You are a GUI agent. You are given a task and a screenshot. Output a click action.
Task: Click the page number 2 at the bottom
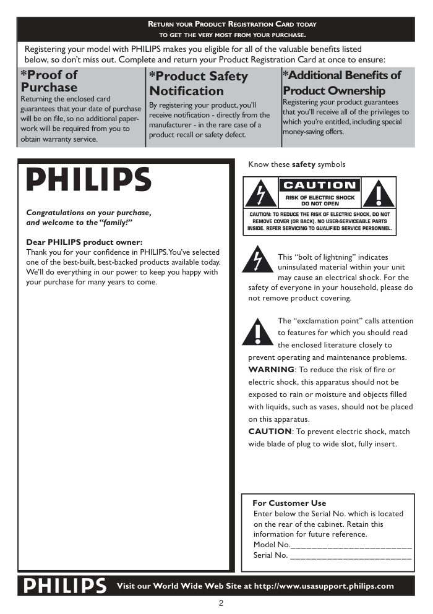click(x=220, y=603)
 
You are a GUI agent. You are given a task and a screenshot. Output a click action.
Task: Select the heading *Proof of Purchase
click(x=49, y=81)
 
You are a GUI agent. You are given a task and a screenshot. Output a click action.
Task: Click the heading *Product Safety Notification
click(x=198, y=83)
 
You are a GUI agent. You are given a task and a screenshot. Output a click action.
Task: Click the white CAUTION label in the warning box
click(x=320, y=185)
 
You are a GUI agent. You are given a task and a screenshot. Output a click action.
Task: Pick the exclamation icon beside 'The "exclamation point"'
click(x=258, y=331)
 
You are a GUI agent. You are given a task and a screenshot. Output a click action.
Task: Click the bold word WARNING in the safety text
click(x=271, y=370)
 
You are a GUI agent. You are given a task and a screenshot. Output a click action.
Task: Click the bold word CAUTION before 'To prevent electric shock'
click(x=270, y=432)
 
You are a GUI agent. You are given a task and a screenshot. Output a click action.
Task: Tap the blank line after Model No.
click(x=351, y=545)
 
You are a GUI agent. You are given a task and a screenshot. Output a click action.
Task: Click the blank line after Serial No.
click(x=350, y=556)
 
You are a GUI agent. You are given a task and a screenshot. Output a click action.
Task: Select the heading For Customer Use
click(x=289, y=503)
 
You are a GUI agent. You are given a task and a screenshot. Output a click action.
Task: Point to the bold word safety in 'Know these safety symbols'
click(x=303, y=164)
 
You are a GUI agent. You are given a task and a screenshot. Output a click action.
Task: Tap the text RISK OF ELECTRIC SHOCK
click(x=320, y=197)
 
